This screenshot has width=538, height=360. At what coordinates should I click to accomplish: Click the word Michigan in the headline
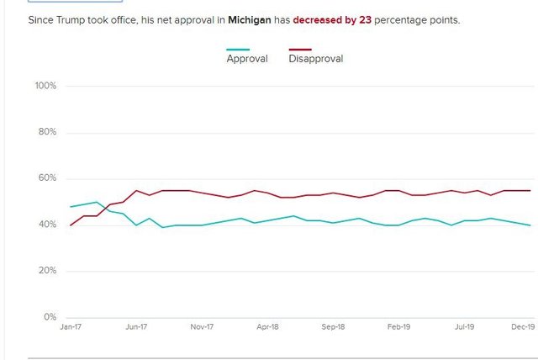[248, 19]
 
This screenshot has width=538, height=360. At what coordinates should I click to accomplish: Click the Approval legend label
[247, 59]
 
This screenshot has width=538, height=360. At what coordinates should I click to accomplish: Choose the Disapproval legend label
[316, 59]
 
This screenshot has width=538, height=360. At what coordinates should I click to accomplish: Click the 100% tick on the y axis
[45, 86]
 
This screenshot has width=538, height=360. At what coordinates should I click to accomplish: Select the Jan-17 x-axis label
[71, 327]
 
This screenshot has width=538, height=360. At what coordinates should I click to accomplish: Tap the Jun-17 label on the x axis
[135, 327]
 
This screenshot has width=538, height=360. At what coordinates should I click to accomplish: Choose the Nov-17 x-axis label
[202, 327]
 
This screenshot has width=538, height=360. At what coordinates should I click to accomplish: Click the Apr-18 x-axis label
[267, 327]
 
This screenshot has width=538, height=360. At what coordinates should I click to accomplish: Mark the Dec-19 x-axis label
[523, 327]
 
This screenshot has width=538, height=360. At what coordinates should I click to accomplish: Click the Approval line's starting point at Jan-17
[71, 206]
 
